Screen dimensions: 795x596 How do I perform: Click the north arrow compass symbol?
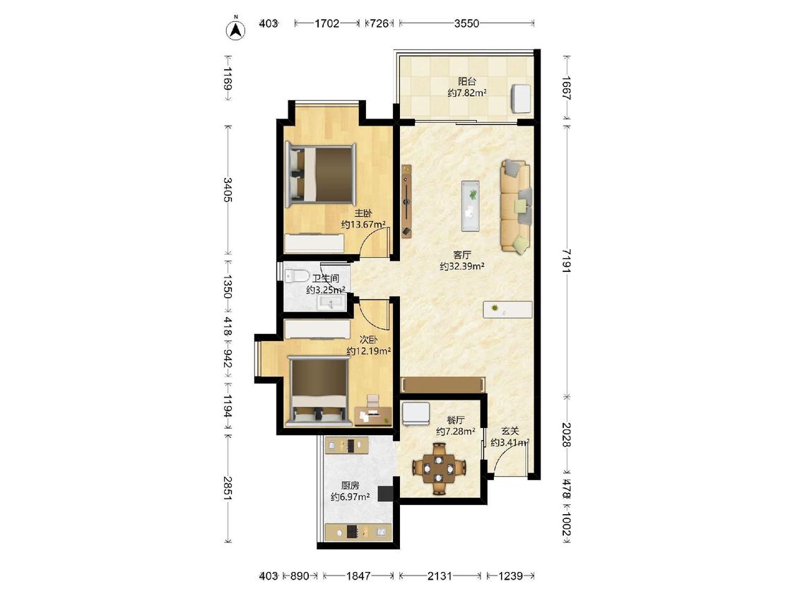point(236,30)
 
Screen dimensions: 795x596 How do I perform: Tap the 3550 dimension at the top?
point(466,23)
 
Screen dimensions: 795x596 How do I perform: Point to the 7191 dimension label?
point(567,261)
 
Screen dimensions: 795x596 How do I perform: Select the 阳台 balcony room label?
point(467,81)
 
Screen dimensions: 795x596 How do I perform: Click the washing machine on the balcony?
point(522,99)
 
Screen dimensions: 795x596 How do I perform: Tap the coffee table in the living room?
point(471,205)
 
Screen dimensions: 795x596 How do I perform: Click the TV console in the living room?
point(406,201)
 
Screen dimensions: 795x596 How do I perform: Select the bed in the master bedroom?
point(321,175)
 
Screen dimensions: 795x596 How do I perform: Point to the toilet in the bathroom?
point(297,275)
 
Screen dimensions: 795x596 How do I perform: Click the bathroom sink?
point(331,302)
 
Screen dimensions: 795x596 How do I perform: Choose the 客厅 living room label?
point(462,254)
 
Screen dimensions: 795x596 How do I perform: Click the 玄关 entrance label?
point(510,431)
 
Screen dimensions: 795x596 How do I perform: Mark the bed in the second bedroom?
point(319,391)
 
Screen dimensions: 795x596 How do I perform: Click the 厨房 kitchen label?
point(350,486)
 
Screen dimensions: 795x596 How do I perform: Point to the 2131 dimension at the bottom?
point(440,576)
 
